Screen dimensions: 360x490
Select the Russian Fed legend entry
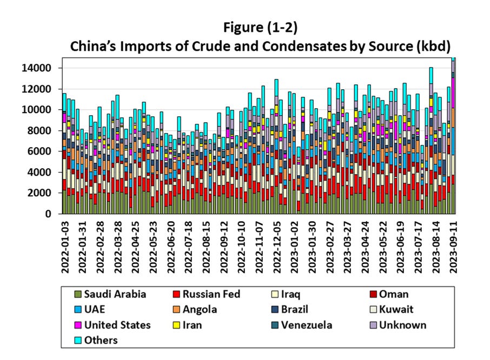coord(211,295)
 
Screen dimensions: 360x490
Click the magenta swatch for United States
coord(79,325)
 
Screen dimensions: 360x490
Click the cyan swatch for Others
coord(79,340)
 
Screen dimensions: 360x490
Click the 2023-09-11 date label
coord(454,241)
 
